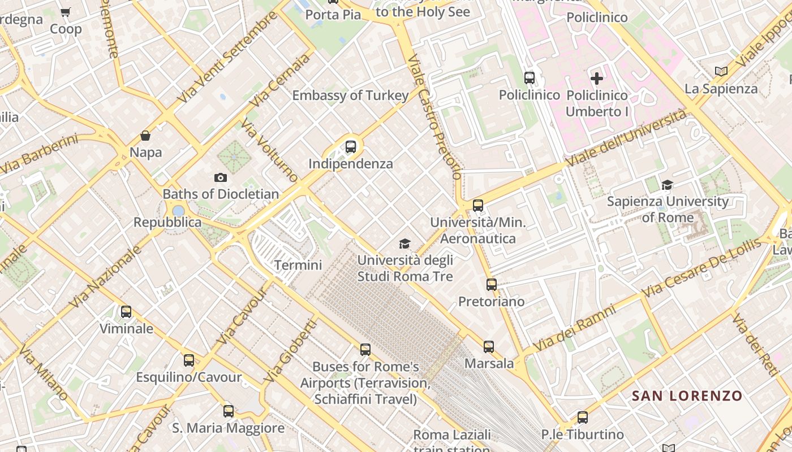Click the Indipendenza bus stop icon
pyautogui.click(x=351, y=147)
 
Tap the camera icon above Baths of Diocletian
pyautogui.click(x=221, y=177)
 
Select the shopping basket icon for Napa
pyautogui.click(x=145, y=136)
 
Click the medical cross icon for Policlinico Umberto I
pyautogui.click(x=597, y=79)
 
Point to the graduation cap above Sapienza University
pyautogui.click(x=668, y=185)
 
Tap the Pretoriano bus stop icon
pyautogui.click(x=492, y=285)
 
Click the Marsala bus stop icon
pyautogui.click(x=489, y=347)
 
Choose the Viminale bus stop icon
pyautogui.click(x=126, y=312)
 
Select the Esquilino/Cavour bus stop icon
pyautogui.click(x=189, y=360)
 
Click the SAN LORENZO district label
pyautogui.click(x=687, y=395)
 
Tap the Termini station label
pyautogui.click(x=298, y=265)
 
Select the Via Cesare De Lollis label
pyautogui.click(x=702, y=268)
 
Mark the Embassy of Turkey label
pyautogui.click(x=350, y=95)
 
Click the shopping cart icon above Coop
pyautogui.click(x=66, y=12)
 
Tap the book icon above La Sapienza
pyautogui.click(x=721, y=71)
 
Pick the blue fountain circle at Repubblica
pyautogui.click(x=178, y=211)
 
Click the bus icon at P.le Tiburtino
pyautogui.click(x=583, y=418)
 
